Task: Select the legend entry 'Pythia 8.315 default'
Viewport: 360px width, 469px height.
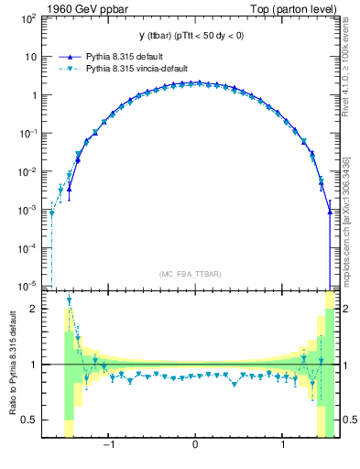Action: [x=121, y=56]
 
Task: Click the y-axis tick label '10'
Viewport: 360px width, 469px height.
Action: [x=29, y=56]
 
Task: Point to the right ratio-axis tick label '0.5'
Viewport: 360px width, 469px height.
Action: [x=350, y=420]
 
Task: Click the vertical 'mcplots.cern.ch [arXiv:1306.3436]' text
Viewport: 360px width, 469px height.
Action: [x=349, y=219]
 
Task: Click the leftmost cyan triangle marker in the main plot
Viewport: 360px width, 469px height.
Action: [x=52, y=213]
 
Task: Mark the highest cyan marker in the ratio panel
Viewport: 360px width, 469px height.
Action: [x=69, y=300]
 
